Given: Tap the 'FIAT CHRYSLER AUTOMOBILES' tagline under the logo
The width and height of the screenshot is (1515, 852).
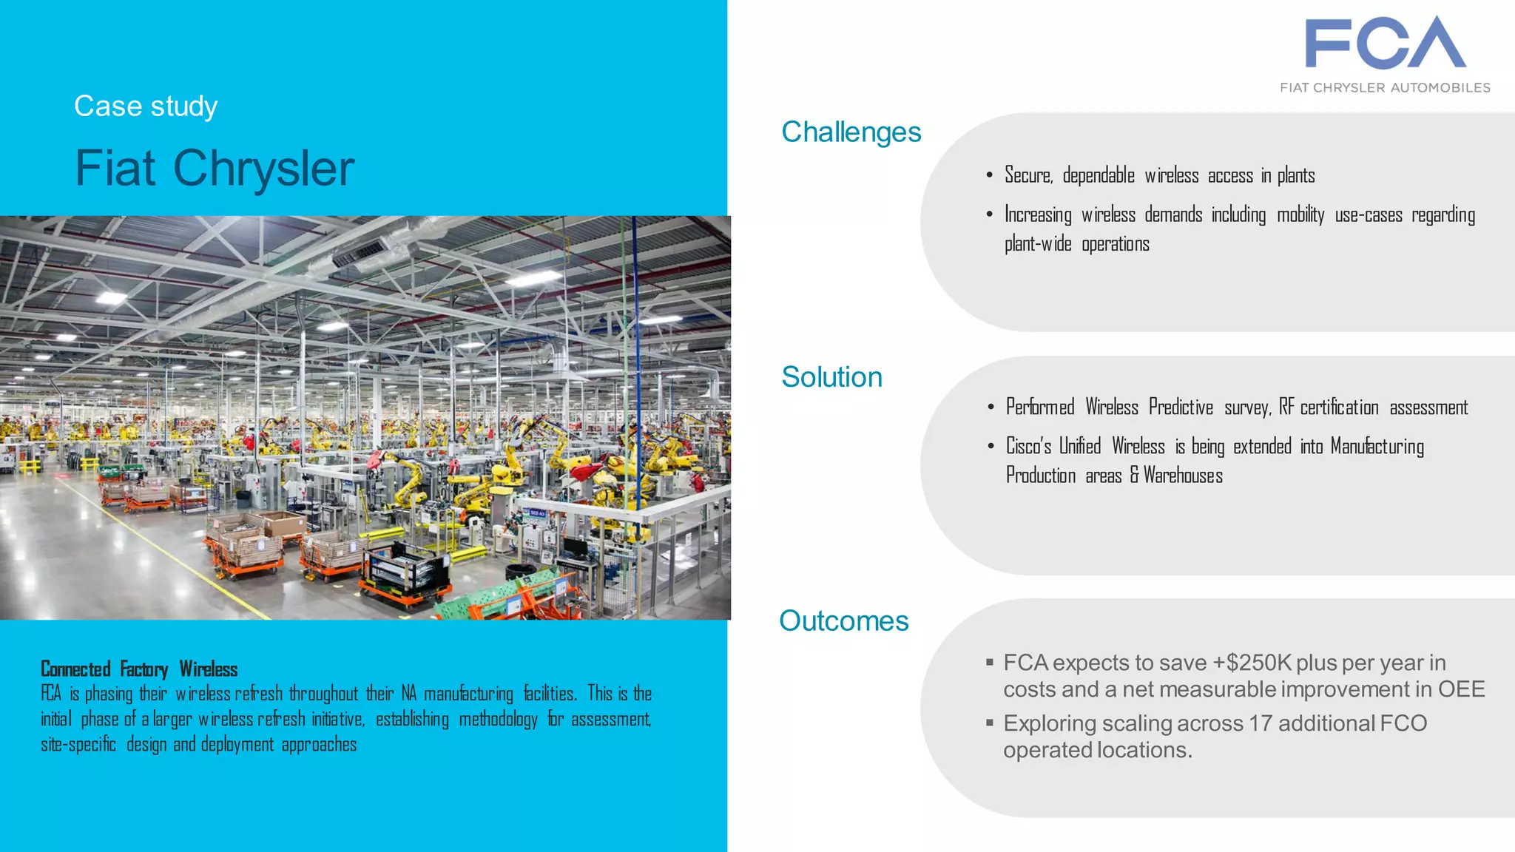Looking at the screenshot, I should pyautogui.click(x=1385, y=87).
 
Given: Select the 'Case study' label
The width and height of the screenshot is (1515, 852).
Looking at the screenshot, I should pyautogui.click(x=146, y=106).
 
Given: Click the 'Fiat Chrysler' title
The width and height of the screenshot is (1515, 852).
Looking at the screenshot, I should pyautogui.click(x=215, y=169).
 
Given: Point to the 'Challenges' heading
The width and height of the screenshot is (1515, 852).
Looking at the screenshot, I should pyautogui.click(x=851, y=132).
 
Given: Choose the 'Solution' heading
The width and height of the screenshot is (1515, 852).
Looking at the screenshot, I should pyautogui.click(x=831, y=377).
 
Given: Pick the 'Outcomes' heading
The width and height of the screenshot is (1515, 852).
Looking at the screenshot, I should pyautogui.click(x=843, y=621).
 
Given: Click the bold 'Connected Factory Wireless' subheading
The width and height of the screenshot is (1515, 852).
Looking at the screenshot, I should pyautogui.click(x=139, y=669).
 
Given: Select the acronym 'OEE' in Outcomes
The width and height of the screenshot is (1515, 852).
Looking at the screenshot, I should pyautogui.click(x=1461, y=689).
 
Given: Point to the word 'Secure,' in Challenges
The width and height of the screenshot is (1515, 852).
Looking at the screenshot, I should pyautogui.click(x=1028, y=176).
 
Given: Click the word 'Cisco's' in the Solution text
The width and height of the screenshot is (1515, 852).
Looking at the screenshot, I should pyautogui.click(x=1028, y=447).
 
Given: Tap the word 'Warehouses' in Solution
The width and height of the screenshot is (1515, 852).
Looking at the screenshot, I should pyautogui.click(x=1183, y=476).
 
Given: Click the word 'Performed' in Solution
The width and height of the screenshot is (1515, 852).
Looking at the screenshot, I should pyautogui.click(x=1040, y=408).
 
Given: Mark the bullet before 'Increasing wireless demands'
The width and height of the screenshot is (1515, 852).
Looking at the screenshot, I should pyautogui.click(x=989, y=215).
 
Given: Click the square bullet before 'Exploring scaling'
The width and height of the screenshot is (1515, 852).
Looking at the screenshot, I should pyautogui.click(x=989, y=723).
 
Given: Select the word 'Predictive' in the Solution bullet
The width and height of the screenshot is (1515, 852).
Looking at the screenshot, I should pyautogui.click(x=1181, y=408).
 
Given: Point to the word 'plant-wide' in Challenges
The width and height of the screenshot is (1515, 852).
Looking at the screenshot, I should pyautogui.click(x=1038, y=244).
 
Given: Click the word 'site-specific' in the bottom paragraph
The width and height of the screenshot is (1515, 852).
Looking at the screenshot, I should pyautogui.click(x=78, y=744).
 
